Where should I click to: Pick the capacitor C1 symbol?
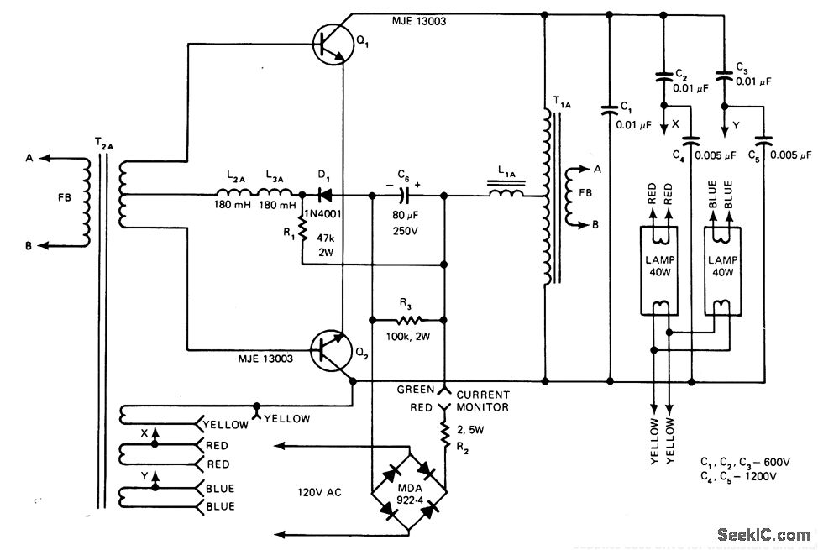click(x=608, y=110)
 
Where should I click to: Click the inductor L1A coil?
click(x=507, y=195)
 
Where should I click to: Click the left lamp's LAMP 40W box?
click(x=658, y=267)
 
